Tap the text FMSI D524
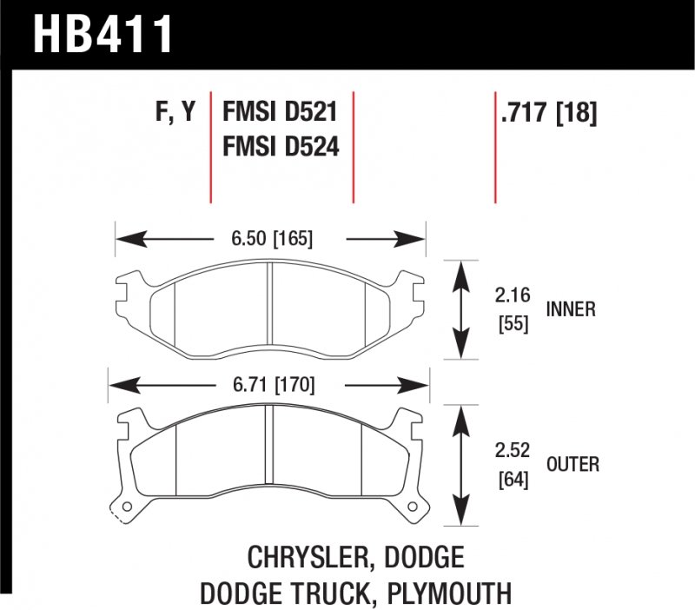click(280, 148)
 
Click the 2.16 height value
click(513, 294)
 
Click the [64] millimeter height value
click(513, 481)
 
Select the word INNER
click(571, 310)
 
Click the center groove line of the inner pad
click(270, 310)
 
